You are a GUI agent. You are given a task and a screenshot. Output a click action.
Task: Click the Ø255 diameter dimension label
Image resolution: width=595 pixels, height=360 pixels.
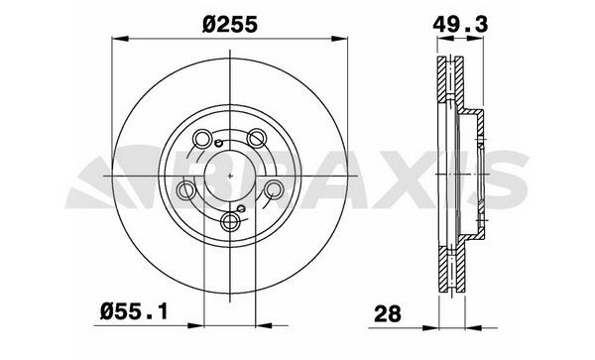(230, 25)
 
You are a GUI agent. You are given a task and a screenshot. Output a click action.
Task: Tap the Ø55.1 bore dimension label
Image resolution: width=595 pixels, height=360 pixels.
(134, 312)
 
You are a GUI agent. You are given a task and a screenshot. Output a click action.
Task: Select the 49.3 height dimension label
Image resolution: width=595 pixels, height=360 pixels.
(460, 25)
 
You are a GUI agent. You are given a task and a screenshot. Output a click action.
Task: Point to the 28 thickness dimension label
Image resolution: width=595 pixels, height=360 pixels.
(387, 313)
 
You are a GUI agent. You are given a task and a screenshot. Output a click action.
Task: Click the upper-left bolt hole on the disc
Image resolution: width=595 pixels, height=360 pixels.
(202, 138)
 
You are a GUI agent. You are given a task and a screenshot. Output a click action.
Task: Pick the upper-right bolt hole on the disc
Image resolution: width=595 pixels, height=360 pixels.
(257, 138)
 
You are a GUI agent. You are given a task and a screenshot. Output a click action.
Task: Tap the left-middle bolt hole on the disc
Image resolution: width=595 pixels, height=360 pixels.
(186, 189)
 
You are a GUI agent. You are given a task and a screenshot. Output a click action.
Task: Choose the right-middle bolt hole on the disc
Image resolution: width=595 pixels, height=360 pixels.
(274, 189)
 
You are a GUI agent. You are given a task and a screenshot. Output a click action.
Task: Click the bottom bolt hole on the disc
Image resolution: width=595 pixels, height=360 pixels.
(230, 221)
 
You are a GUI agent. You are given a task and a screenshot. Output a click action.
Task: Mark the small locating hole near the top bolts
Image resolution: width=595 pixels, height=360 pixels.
(218, 143)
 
